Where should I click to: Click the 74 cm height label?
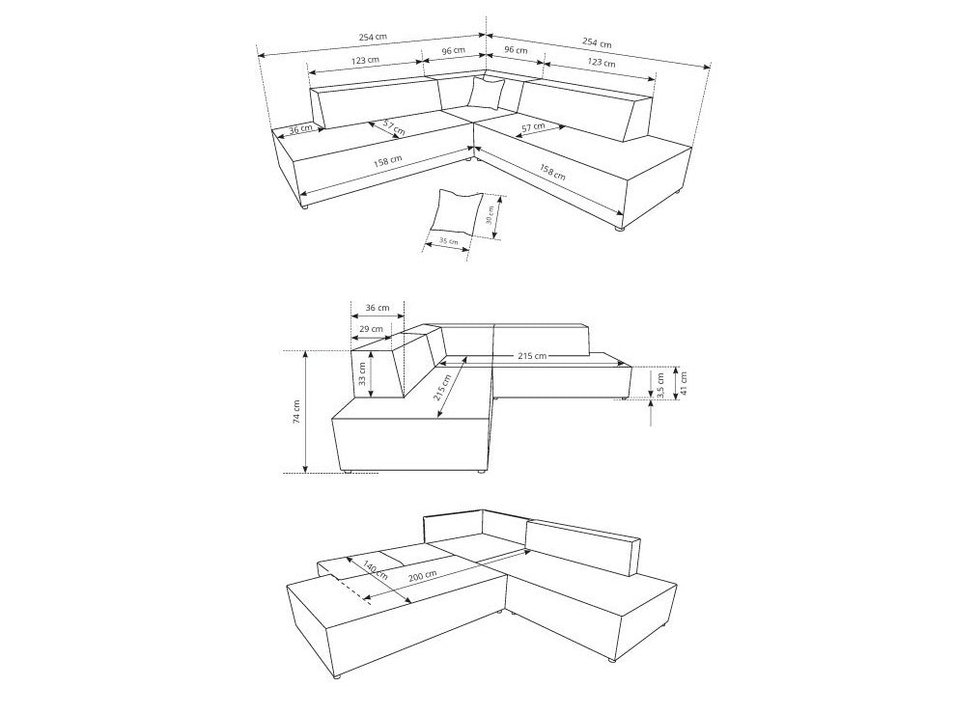click(296, 412)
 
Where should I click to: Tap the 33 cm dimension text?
click(362, 374)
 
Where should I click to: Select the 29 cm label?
click(371, 329)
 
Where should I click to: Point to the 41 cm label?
click(684, 382)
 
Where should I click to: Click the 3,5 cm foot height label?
click(661, 386)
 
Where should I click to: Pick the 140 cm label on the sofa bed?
click(375, 569)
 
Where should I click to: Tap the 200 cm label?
click(422, 575)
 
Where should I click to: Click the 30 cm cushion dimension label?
click(491, 215)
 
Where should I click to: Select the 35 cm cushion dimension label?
click(449, 241)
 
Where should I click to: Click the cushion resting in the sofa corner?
click(487, 93)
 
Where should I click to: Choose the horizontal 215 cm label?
click(532, 356)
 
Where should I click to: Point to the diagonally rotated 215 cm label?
click(442, 387)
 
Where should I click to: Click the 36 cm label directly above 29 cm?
click(378, 308)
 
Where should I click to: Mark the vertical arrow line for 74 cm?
click(305, 412)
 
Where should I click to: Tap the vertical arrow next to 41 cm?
click(675, 382)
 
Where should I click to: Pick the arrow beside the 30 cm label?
click(498, 217)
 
